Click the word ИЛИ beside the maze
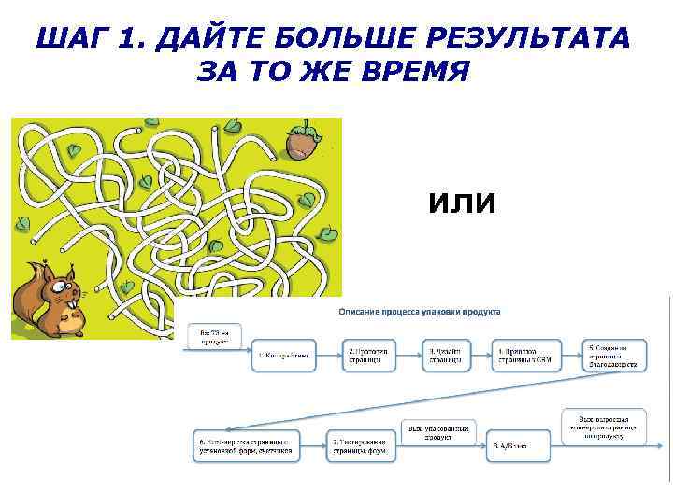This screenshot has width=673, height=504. pyautogui.click(x=461, y=203)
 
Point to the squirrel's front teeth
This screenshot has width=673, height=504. pyautogui.click(x=75, y=304)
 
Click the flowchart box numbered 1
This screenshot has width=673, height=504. pyautogui.click(x=282, y=356)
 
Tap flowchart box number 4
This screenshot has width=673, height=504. pyautogui.click(x=529, y=356)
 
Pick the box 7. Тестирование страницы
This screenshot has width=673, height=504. pyautogui.click(x=359, y=444)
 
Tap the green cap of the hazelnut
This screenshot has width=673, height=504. pyautogui.click(x=301, y=132)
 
